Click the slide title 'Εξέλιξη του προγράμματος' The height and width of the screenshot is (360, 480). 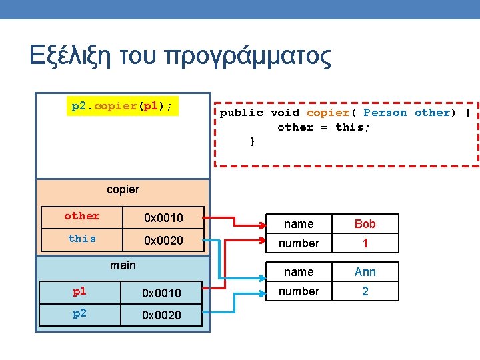[180, 56]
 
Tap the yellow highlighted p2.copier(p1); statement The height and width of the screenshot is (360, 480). [123, 106]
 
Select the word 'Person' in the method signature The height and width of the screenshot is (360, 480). [385, 113]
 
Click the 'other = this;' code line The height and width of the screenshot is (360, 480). [323, 127]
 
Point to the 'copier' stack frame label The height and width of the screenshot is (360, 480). [123, 189]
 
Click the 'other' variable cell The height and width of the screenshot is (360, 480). [81, 216]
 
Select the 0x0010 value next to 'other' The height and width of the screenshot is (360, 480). [163, 217]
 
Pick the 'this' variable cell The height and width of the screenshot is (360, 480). [81, 239]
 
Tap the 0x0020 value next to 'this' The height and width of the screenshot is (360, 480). [163, 240]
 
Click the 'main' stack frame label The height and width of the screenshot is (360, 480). [123, 265]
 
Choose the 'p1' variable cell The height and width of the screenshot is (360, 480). [79, 291]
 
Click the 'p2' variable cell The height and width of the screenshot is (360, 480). [79, 313]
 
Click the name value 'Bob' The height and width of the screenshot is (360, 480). [365, 224]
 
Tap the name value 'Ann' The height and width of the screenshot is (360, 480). [365, 272]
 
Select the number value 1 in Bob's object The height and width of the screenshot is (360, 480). [365, 243]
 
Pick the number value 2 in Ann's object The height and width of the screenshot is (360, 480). [365, 291]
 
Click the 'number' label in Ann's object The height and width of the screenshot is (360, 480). [298, 291]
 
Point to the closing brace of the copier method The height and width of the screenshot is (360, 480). [252, 141]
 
